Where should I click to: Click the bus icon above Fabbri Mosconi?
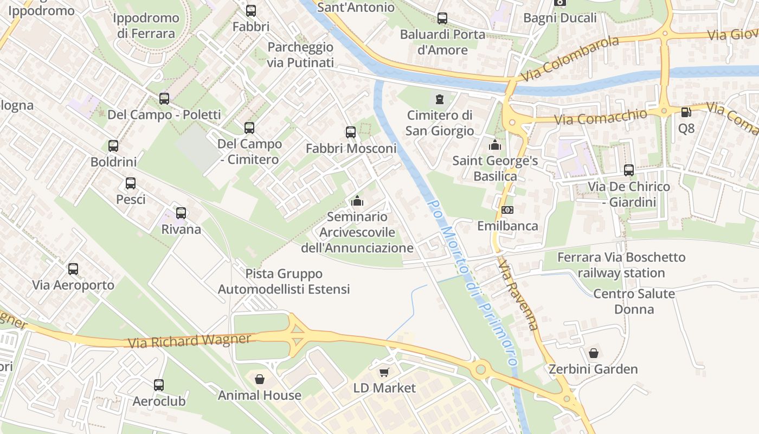tap(351, 132)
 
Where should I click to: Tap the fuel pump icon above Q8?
tap(686, 112)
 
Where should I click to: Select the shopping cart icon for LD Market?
tap(384, 372)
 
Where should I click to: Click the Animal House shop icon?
tap(260, 379)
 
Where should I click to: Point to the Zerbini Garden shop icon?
tap(594, 353)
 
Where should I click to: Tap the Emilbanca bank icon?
tap(507, 209)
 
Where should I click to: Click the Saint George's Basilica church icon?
tap(494, 145)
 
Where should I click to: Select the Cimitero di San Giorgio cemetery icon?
tap(439, 99)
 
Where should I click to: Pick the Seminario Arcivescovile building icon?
tap(357, 201)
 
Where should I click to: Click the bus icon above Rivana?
tap(181, 213)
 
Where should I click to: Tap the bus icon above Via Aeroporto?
tap(73, 269)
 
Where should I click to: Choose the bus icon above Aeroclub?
tap(159, 385)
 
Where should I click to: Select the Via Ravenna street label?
tap(519, 293)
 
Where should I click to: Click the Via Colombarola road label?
tap(569, 59)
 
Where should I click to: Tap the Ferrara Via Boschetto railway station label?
tap(621, 265)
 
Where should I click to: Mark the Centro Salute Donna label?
tap(634, 302)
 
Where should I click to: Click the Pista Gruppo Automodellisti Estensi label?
tap(284, 282)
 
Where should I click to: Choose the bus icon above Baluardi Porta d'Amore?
tap(442, 18)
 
